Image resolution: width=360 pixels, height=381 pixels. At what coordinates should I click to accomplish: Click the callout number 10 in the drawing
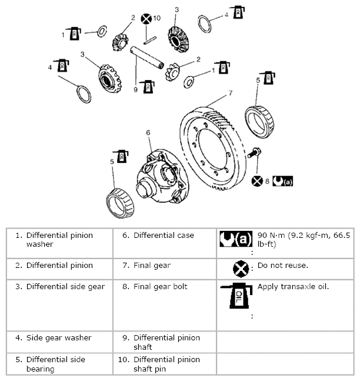coord(156,18)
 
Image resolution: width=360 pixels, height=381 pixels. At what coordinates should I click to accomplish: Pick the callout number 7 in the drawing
coord(230,93)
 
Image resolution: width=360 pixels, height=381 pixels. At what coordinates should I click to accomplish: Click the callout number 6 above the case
coord(149,133)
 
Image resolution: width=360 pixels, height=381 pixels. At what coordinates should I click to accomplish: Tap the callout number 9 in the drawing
coord(135,91)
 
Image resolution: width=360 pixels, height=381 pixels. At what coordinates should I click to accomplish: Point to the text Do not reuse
coord(282,265)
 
